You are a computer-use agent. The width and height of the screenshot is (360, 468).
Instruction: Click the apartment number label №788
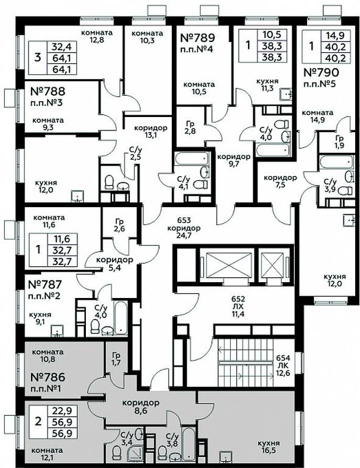pos(48,91)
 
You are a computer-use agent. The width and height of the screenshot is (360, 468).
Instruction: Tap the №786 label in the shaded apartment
pos(48,377)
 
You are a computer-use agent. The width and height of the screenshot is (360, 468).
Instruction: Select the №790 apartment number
pos(321,73)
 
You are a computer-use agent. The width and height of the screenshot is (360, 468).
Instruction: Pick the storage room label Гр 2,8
pos(190,127)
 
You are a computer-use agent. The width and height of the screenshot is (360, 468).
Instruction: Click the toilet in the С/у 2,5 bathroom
pos(109,182)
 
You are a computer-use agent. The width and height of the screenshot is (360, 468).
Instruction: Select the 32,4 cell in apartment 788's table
pos(62,47)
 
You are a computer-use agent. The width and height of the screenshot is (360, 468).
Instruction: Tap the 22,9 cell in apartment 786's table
pos(62,411)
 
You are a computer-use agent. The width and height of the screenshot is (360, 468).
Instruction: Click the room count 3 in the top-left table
pos(38,57)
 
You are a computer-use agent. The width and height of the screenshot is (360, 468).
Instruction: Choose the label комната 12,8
pos(97,36)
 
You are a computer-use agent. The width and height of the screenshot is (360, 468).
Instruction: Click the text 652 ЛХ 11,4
pos(238,307)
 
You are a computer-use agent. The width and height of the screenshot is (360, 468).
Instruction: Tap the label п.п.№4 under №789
pos(197,49)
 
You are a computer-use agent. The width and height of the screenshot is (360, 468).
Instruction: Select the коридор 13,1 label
pos(150,132)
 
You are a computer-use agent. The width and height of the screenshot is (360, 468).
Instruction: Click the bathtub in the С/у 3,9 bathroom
pos(337,162)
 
